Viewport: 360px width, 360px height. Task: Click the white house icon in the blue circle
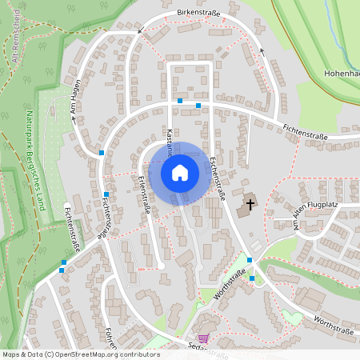[x=180, y=172]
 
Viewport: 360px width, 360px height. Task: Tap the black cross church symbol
[x=250, y=205]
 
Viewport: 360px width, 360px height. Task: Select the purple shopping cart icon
[x=202, y=339]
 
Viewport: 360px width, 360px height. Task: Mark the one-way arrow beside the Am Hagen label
[x=75, y=118]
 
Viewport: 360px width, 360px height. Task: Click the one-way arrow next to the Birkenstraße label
[x=140, y=31]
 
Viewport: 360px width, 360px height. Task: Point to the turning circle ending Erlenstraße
[x=161, y=265]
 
